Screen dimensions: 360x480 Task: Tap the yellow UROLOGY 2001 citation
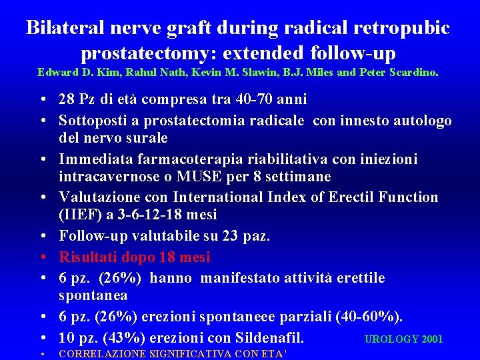[x=403, y=339]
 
